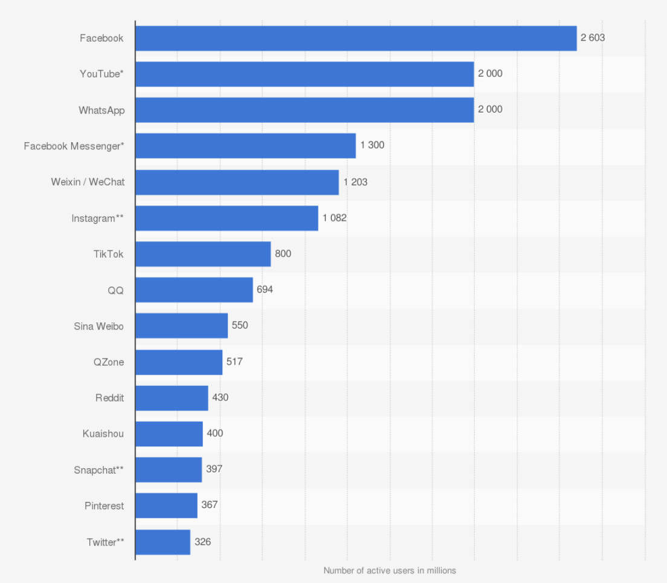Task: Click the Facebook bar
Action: click(356, 38)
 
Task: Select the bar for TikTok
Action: click(203, 254)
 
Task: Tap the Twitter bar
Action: click(163, 542)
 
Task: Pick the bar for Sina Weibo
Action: click(181, 326)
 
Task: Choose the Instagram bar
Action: click(227, 218)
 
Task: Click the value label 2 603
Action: click(593, 37)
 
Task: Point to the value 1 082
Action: click(335, 218)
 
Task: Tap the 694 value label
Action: click(265, 290)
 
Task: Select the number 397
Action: click(214, 469)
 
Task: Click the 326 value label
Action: click(203, 542)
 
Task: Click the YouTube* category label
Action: click(101, 74)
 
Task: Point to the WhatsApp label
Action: click(101, 110)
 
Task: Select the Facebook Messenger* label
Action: click(74, 146)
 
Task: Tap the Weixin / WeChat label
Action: click(88, 182)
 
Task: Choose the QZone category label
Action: click(109, 362)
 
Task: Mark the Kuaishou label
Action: click(103, 434)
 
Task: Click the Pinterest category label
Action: click(104, 506)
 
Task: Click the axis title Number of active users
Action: click(390, 570)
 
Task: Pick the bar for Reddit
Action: click(172, 398)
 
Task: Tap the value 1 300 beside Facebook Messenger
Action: click(372, 145)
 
